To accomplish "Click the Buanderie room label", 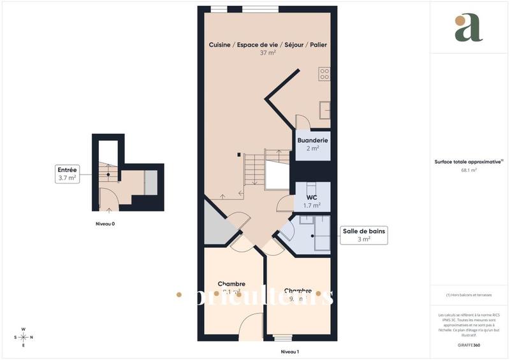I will click(312, 140).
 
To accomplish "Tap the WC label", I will click(312, 197).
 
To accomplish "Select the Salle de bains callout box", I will click(364, 234).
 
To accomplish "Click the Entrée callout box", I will click(67, 174).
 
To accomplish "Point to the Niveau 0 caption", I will click(105, 224).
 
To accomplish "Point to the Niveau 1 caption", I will click(290, 352).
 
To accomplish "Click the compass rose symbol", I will click(24, 337).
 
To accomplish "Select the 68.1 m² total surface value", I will click(469, 170).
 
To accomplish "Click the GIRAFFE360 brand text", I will click(469, 344).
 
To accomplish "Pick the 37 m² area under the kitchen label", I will click(268, 53).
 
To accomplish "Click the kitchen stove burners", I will click(324, 74).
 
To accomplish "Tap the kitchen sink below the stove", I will click(324, 110).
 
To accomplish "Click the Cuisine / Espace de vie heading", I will click(268, 45).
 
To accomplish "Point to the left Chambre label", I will click(231, 284).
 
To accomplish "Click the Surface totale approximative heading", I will click(469, 162).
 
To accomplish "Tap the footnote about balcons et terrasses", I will click(469, 294).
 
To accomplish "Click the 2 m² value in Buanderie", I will click(312, 148).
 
